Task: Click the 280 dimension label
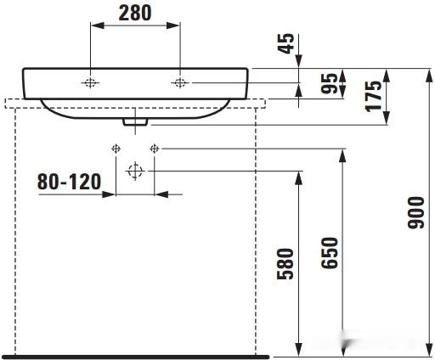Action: tap(135, 13)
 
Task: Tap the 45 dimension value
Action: tap(285, 43)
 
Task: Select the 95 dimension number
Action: tap(330, 83)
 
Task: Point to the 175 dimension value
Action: tap(373, 96)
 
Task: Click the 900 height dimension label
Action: tap(415, 212)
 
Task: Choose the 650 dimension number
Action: tap(330, 253)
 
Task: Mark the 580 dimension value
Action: tap(285, 264)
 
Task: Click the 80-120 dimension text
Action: tap(69, 182)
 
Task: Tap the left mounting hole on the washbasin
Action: tap(90, 83)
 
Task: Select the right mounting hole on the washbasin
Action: tap(180, 83)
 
